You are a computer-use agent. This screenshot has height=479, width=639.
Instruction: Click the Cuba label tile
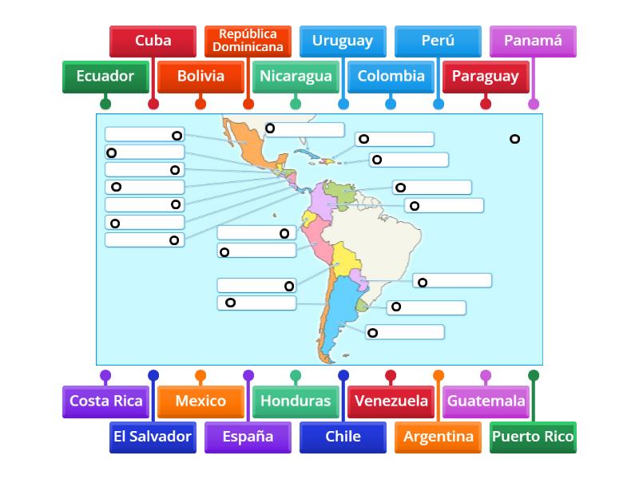pyautogui.click(x=153, y=41)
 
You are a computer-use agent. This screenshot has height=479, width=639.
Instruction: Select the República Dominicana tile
pyautogui.click(x=248, y=41)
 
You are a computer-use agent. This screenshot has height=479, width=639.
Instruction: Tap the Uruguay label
pyautogui.click(x=343, y=41)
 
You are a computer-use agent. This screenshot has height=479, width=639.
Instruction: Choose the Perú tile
pyautogui.click(x=438, y=41)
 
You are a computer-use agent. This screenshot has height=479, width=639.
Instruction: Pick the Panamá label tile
pyautogui.click(x=533, y=41)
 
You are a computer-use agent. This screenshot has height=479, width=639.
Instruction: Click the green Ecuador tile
pyautogui.click(x=105, y=77)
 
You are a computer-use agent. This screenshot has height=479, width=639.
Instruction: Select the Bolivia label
pyautogui.click(x=200, y=77)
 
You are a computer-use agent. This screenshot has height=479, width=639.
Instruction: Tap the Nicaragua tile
pyautogui.click(x=296, y=77)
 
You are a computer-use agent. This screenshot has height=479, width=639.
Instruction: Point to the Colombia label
pyautogui.click(x=391, y=77)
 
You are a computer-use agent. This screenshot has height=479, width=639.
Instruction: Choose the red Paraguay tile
pyautogui.click(x=486, y=77)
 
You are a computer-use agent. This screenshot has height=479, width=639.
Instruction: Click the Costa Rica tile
pyautogui.click(x=105, y=402)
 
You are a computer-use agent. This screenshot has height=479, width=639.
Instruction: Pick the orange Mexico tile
pyautogui.click(x=200, y=402)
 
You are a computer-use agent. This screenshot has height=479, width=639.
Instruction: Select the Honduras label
pyautogui.click(x=296, y=402)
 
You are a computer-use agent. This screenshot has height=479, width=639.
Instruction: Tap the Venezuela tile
pyautogui.click(x=391, y=402)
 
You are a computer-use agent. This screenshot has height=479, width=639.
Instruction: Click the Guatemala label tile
pyautogui.click(x=486, y=402)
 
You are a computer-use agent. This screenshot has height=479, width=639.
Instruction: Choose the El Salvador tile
pyautogui.click(x=153, y=437)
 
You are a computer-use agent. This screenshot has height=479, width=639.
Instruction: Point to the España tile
pyautogui.click(x=248, y=437)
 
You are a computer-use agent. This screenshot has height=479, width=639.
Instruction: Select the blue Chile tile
pyautogui.click(x=343, y=437)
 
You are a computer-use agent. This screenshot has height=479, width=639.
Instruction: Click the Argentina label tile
pyautogui.click(x=438, y=437)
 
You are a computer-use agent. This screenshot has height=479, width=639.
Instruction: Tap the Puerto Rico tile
pyautogui.click(x=533, y=437)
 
